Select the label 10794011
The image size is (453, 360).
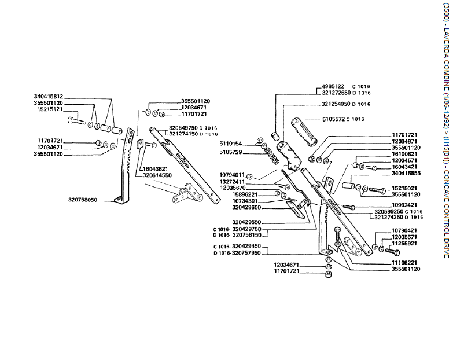pos(233,174)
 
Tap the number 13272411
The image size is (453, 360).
pos(233,182)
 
